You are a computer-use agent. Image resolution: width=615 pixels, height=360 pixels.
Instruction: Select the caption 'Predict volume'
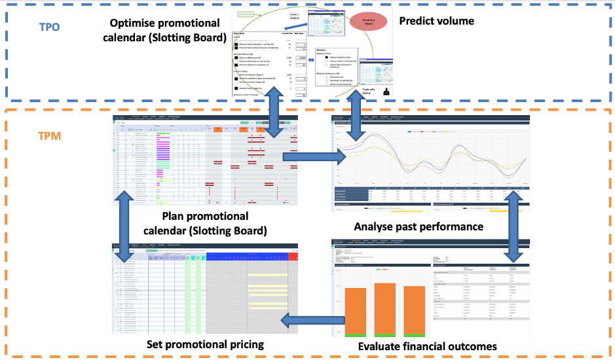436,21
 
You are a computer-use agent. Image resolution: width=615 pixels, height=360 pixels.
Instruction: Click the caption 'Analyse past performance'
419,226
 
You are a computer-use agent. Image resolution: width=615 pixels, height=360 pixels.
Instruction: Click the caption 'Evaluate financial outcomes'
428,346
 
